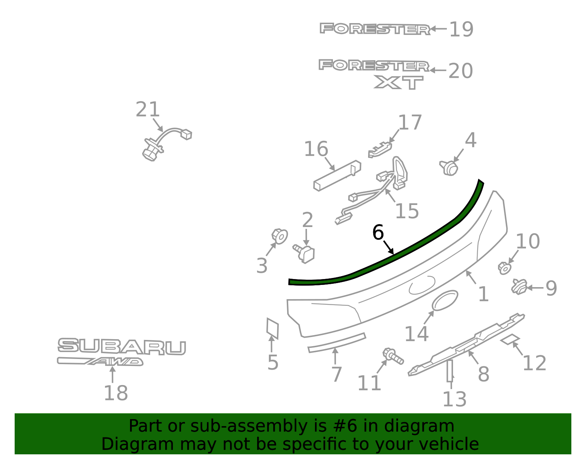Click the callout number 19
coord(461,29)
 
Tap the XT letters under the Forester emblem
coord(398,82)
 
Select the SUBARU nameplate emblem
coord(122,346)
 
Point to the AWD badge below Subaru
coord(100,362)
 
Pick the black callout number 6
coord(378,232)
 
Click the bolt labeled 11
coord(393,356)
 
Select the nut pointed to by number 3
coord(279,236)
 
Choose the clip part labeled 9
coord(519,287)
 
